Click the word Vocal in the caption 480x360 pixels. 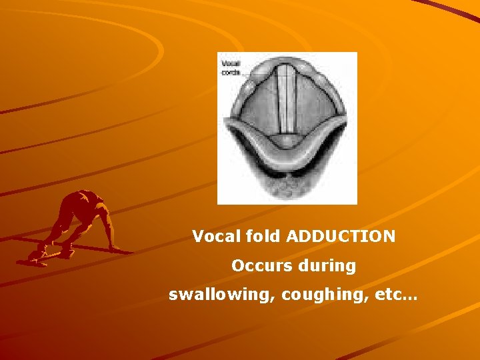(x=213, y=236)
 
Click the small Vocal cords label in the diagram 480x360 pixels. (x=231, y=67)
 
